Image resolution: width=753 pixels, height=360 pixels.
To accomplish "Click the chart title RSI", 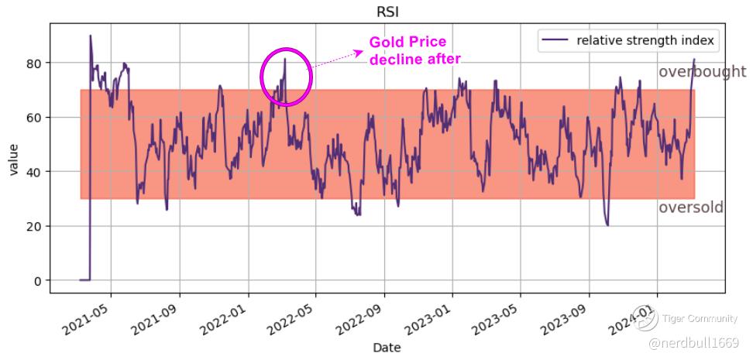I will [x=387, y=12].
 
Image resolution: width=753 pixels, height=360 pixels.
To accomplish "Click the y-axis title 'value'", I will [x=13, y=158].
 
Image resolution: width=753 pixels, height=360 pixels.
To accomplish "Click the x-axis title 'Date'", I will [x=387, y=348].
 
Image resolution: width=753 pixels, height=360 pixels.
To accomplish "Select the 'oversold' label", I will [x=691, y=207].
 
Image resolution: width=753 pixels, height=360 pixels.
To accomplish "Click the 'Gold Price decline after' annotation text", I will [x=414, y=50].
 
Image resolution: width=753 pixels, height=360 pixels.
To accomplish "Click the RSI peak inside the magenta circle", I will [x=285, y=59].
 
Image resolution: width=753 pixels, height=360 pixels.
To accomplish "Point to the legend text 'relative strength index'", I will [x=645, y=40].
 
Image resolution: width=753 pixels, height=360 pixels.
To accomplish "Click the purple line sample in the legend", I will [x=556, y=40].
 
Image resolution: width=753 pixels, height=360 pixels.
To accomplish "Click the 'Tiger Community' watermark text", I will [x=694, y=317].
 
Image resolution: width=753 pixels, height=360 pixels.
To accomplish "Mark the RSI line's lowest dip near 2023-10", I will [x=607, y=225].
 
